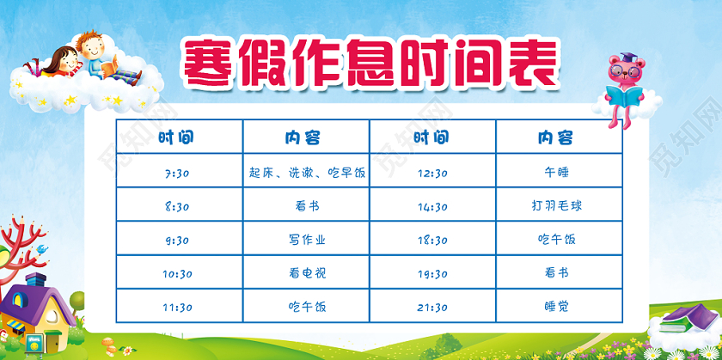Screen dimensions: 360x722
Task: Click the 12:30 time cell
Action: tap(431, 173)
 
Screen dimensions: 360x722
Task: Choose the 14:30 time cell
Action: tap(431, 206)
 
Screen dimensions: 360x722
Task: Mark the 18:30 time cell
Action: tap(431, 240)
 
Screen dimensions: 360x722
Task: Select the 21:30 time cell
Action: tap(431, 307)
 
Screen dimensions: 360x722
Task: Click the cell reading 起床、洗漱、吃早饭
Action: tap(306, 173)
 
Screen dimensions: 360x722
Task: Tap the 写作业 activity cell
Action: tap(306, 240)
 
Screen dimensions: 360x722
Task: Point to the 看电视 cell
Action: tap(306, 273)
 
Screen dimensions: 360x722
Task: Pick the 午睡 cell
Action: tap(558, 173)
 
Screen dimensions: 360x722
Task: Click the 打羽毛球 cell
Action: tap(558, 206)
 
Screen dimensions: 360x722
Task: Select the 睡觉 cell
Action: tap(558, 307)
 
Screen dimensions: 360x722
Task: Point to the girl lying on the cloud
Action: tap(57, 64)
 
